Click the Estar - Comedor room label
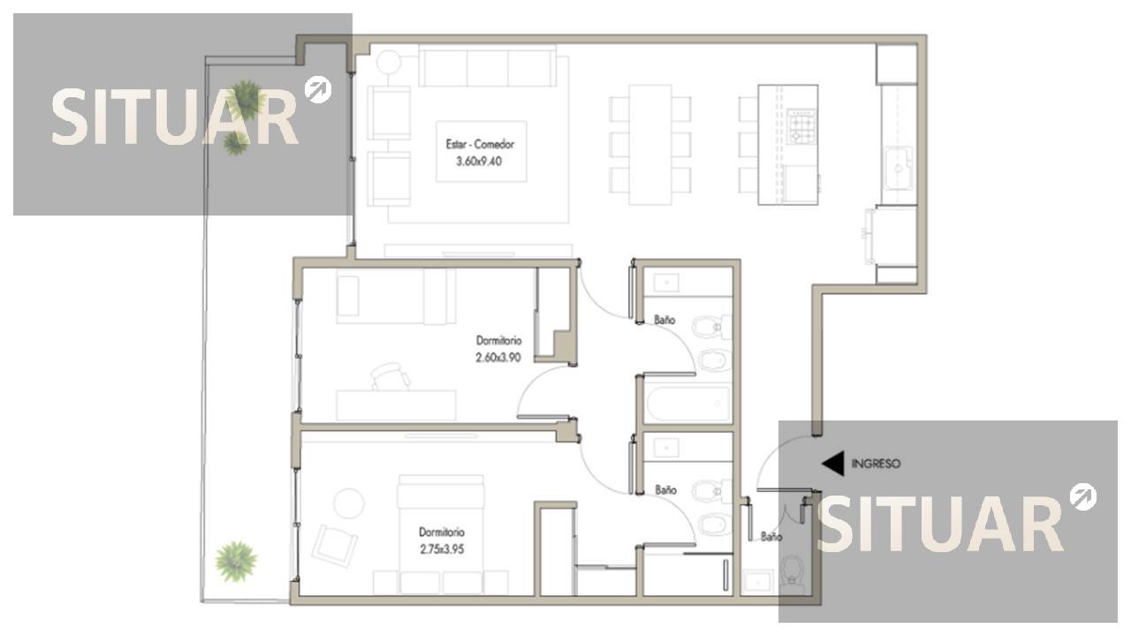(480, 144)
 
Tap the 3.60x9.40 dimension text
(479, 162)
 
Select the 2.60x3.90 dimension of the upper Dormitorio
(497, 358)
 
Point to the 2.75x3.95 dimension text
(442, 549)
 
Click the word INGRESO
(876, 464)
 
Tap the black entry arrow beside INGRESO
(833, 464)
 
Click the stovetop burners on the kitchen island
(801, 126)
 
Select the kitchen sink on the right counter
(899, 168)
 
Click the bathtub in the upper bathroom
(688, 404)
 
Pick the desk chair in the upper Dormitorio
(391, 376)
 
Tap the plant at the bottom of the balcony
(236, 561)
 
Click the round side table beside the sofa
(389, 63)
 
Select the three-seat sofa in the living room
(487, 67)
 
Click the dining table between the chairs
(650, 145)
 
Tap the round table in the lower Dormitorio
(349, 503)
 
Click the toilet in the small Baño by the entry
(791, 574)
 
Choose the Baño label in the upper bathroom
(664, 320)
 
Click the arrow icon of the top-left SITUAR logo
(318, 90)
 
